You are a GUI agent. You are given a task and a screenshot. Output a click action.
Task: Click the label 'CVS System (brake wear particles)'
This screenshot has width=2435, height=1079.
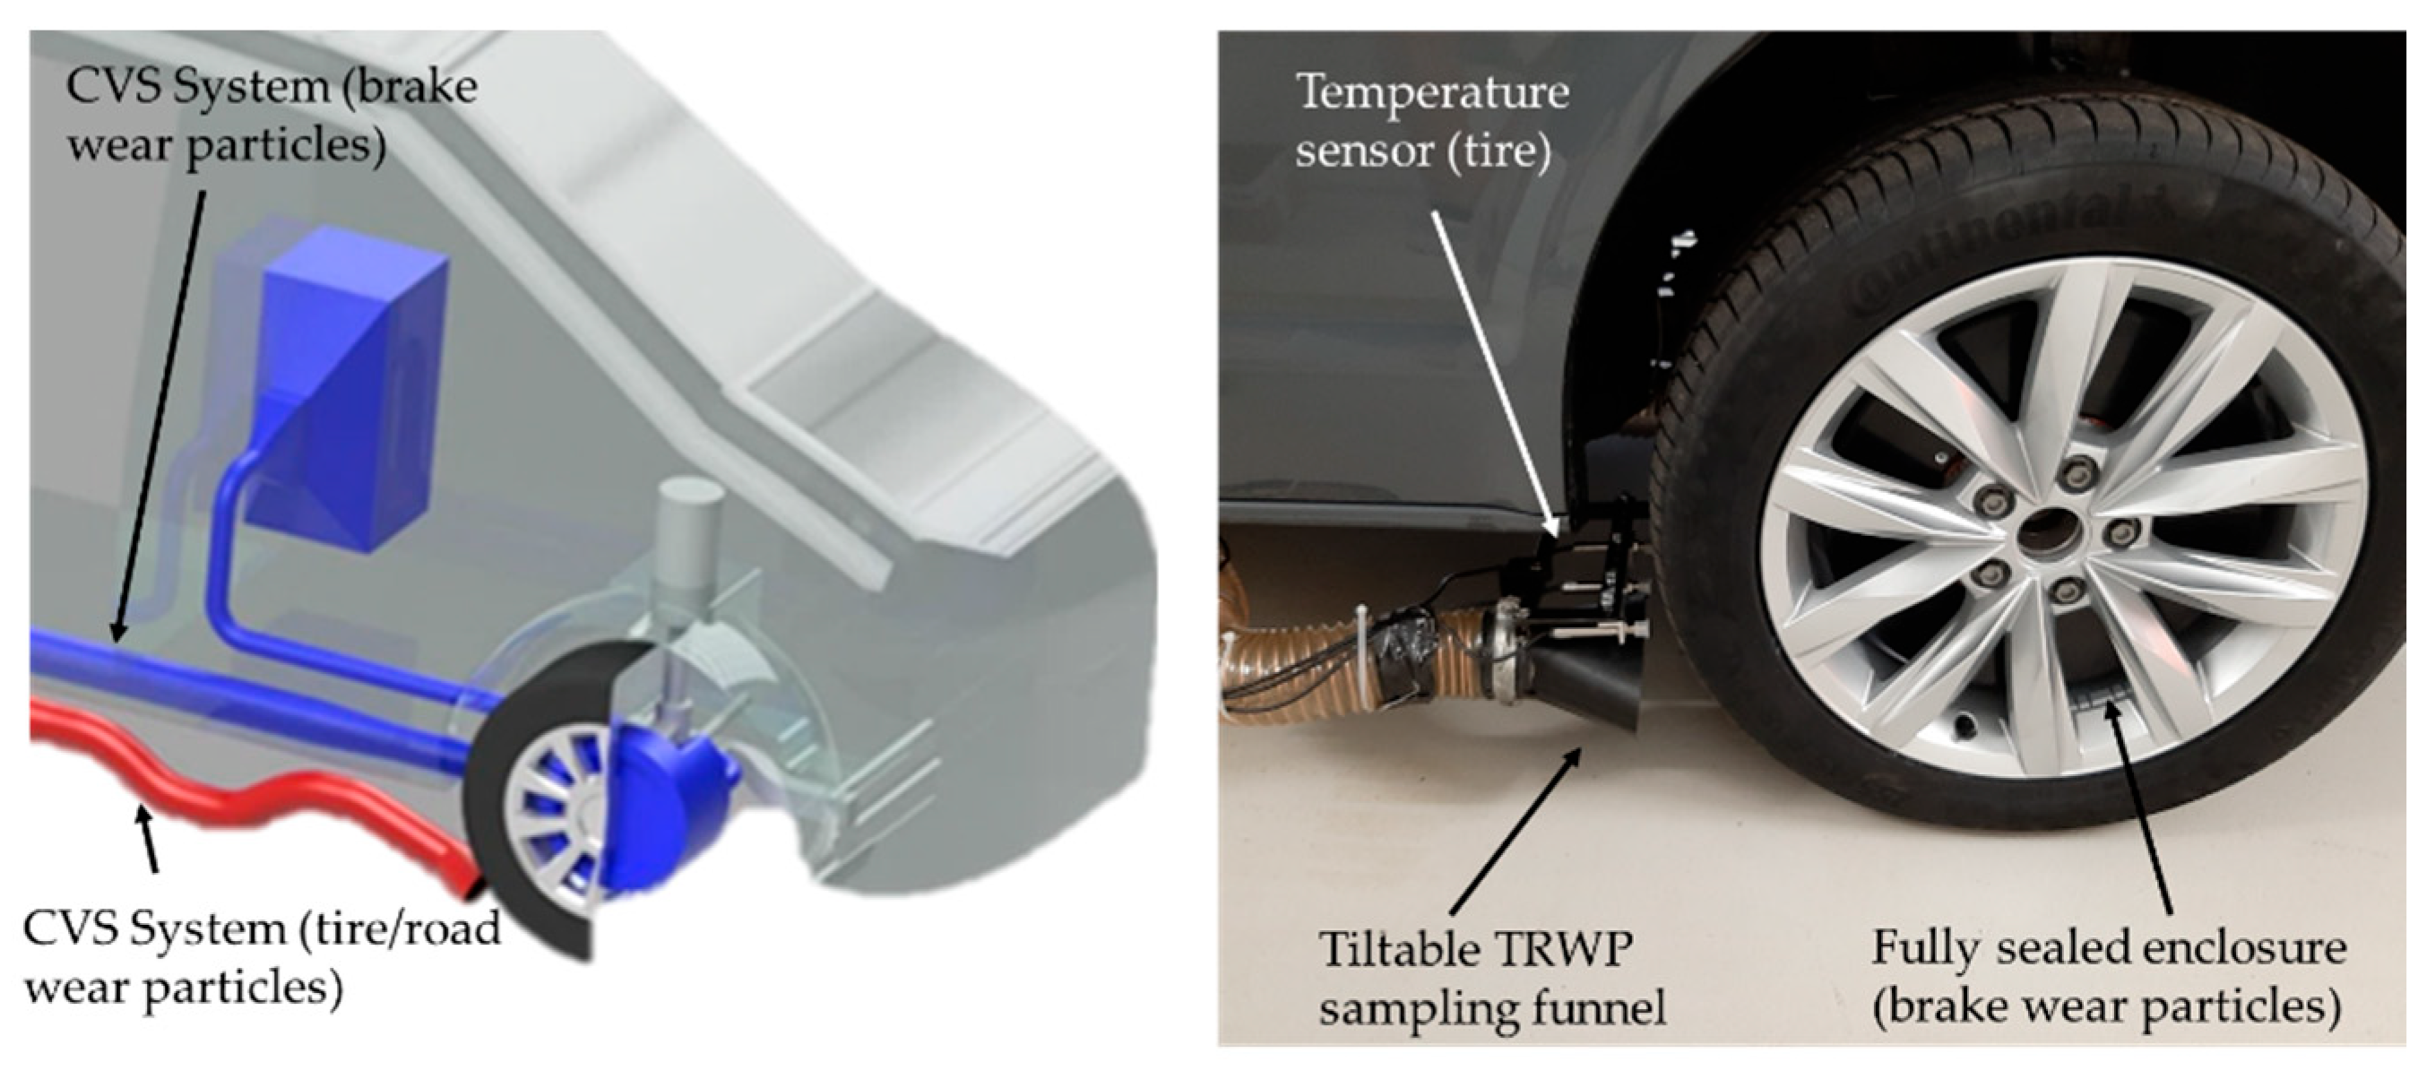[272, 117]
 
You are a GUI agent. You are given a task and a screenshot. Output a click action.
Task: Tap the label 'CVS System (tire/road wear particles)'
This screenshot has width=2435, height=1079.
[262, 958]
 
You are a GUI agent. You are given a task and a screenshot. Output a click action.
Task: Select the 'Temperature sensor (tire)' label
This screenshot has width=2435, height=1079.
[1432, 121]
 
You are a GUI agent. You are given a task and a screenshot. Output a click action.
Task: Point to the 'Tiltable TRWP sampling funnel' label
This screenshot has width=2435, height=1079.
[1491, 978]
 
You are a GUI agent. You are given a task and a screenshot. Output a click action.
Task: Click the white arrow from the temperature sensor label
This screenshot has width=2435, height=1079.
[1493, 368]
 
